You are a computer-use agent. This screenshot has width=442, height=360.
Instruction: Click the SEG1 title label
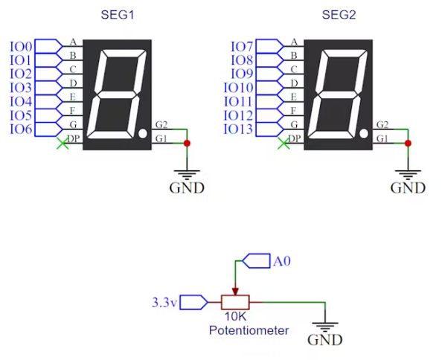(118, 15)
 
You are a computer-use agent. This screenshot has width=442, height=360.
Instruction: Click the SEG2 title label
(339, 15)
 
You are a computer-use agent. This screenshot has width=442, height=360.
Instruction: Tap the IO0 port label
(21, 47)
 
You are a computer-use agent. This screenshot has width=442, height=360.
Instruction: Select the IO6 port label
(21, 129)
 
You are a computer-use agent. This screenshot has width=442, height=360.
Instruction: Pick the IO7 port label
(242, 47)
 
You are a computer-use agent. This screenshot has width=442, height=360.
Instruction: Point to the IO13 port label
(238, 129)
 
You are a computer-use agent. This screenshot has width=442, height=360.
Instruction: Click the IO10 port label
(238, 88)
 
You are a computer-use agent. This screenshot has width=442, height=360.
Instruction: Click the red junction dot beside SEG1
(187, 144)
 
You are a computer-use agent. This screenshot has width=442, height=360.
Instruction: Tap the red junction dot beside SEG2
(408, 144)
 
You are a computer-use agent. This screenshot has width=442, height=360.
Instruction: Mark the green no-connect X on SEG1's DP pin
(63, 144)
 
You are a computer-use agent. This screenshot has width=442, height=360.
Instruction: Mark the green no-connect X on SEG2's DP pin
(284, 144)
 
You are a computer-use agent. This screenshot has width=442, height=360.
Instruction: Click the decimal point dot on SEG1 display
(143, 134)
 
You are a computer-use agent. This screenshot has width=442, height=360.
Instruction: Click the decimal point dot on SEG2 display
(364, 134)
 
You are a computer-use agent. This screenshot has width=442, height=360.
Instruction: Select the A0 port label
(281, 261)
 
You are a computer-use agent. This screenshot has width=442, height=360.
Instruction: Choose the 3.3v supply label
(164, 303)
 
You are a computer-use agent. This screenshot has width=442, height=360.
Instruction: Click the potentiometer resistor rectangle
(235, 302)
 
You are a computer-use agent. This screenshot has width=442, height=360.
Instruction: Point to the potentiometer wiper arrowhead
(235, 292)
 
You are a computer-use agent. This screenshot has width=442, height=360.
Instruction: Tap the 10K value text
(235, 317)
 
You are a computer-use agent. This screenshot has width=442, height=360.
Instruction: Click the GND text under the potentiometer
(324, 340)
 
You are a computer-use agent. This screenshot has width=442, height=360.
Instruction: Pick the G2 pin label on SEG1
(161, 124)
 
